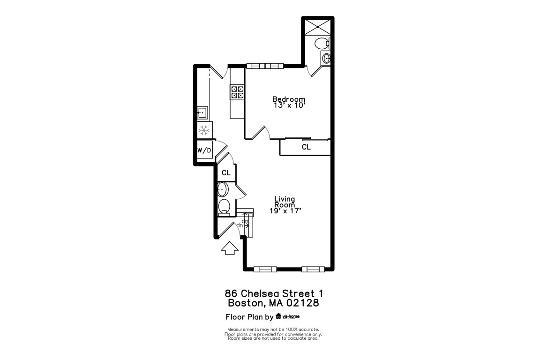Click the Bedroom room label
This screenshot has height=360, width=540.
click(x=289, y=99)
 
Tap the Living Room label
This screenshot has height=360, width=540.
click(x=285, y=202)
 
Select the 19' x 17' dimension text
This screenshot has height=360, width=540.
click(x=285, y=211)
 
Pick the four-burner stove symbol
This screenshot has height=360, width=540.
click(x=237, y=92)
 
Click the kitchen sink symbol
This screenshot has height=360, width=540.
click(x=202, y=112)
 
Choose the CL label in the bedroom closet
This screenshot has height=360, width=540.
click(x=306, y=147)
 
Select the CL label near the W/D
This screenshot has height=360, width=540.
click(x=226, y=172)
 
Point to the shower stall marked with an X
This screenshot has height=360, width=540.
click(x=317, y=27)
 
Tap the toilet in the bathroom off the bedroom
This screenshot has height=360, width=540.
click(x=322, y=44)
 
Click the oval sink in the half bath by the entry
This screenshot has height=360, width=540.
click(x=223, y=189)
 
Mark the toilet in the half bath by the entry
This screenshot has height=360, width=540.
click(x=224, y=206)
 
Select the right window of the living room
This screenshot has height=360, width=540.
click(x=313, y=269)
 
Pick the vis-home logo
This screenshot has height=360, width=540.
click(x=288, y=316)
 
